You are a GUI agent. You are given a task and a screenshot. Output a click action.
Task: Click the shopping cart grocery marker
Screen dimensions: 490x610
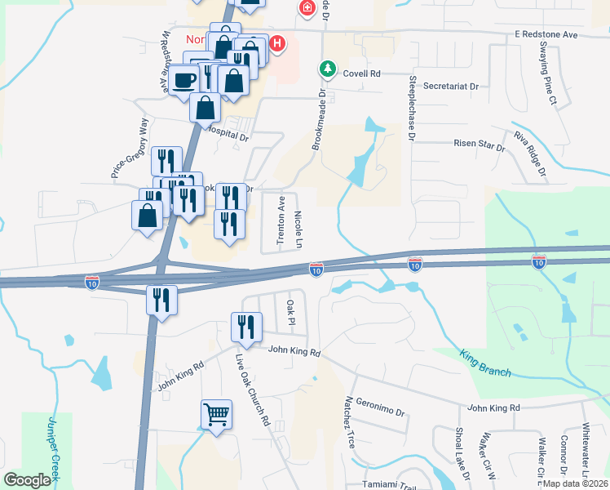pos(217,414)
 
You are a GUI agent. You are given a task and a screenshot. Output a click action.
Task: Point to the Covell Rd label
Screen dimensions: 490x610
pos(362,73)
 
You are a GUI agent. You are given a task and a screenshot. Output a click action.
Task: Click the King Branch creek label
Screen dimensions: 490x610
pos(485,366)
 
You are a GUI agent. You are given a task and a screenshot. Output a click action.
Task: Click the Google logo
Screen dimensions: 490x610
pos(27,480)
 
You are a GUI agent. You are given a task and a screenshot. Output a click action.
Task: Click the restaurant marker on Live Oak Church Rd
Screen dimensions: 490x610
pos(246,327)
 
